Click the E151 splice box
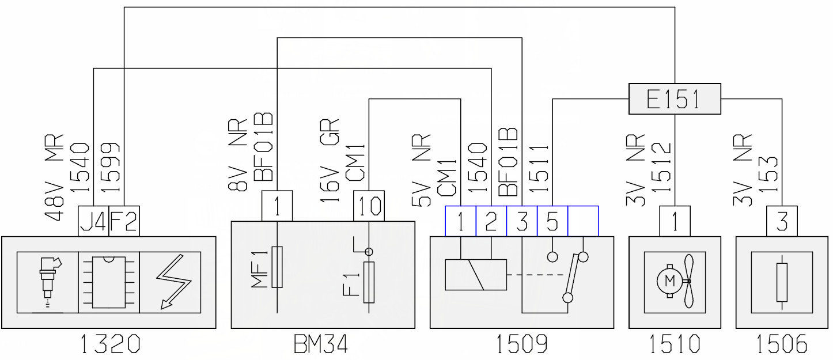tap(675, 98)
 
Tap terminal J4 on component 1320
tap(93, 221)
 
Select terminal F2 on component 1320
tap(124, 221)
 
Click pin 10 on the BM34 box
tap(369, 206)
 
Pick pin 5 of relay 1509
tap(552, 221)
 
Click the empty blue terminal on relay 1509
tap(583, 221)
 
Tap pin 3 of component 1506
tap(782, 221)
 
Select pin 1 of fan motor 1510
tap(675, 221)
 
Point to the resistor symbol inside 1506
tap(782, 282)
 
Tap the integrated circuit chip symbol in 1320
tap(108, 282)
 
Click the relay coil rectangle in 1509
tap(476, 275)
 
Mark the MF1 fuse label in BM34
tap(260, 270)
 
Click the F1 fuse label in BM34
tap(351, 285)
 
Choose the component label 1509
tap(522, 344)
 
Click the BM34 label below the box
tap(321, 344)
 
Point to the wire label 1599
tap(110, 168)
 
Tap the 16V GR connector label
tap(329, 161)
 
